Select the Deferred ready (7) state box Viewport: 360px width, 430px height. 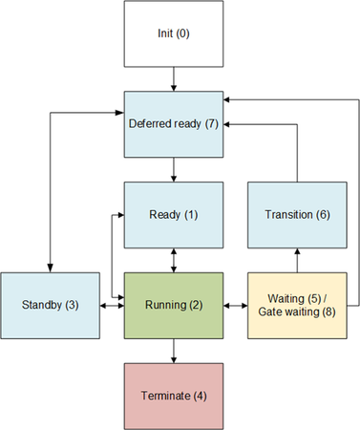[x=173, y=124]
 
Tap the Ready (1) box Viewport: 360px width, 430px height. [x=173, y=215]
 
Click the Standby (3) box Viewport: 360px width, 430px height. [x=50, y=306]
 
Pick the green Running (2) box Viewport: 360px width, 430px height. [x=173, y=306]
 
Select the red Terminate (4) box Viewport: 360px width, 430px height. [x=173, y=396]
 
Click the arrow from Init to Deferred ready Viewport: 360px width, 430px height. [x=173, y=79]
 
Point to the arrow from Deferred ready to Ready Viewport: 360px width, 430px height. [x=173, y=170]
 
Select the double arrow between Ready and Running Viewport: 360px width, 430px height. [x=173, y=260]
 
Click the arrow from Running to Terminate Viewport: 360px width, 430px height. [x=173, y=351]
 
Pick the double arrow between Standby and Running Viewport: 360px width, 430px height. [x=112, y=306]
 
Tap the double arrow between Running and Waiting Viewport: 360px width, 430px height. [x=235, y=306]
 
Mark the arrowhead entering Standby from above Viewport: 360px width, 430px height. [x=50, y=268]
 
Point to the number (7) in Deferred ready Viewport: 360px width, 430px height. [x=212, y=124]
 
